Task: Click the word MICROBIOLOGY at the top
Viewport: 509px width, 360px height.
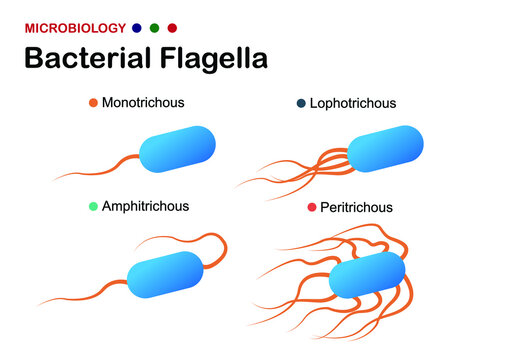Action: pos(75,28)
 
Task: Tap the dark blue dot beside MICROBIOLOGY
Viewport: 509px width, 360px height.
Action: pos(137,28)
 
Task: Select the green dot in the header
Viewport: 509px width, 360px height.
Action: pos(155,28)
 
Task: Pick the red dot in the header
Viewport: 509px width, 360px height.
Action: pos(172,28)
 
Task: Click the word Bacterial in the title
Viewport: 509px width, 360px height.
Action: pos(82,58)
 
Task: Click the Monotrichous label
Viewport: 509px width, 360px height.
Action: pos(143,102)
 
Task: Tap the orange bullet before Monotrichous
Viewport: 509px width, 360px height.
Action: pos(93,103)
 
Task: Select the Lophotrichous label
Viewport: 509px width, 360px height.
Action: pos(353,103)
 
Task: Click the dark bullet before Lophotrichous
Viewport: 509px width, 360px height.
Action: pos(300,104)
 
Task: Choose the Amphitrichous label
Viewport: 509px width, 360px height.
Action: pos(145,206)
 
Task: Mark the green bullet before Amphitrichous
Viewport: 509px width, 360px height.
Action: pos(93,206)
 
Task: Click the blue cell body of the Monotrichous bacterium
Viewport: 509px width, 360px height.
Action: pos(177,148)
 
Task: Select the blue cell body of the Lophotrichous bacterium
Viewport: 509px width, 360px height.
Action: pos(385,148)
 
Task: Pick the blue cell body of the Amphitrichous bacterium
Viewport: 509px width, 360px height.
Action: pos(166,273)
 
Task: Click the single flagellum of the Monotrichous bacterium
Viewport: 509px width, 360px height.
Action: pos(105,169)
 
